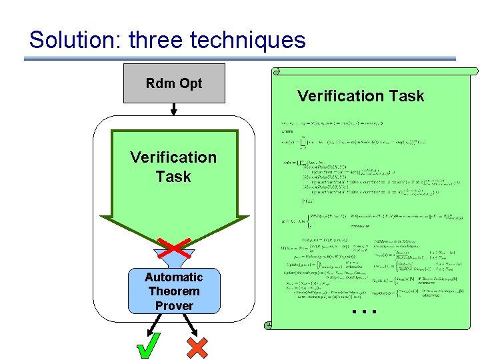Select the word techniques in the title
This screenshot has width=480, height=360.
(248, 40)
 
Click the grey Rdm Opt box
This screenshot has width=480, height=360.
(174, 93)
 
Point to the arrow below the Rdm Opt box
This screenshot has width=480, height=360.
(173, 109)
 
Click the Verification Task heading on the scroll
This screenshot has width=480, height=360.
(361, 96)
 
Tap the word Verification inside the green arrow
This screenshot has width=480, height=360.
(173, 157)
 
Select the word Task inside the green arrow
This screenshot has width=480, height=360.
(173, 177)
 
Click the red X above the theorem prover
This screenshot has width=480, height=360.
(174, 247)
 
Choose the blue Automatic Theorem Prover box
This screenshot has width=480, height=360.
(174, 291)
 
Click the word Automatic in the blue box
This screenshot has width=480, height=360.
(173, 277)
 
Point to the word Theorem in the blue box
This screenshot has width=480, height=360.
(173, 291)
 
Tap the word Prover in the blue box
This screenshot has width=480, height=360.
(173, 306)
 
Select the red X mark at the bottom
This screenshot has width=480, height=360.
(198, 347)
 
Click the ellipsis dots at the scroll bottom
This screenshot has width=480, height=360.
(365, 311)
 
